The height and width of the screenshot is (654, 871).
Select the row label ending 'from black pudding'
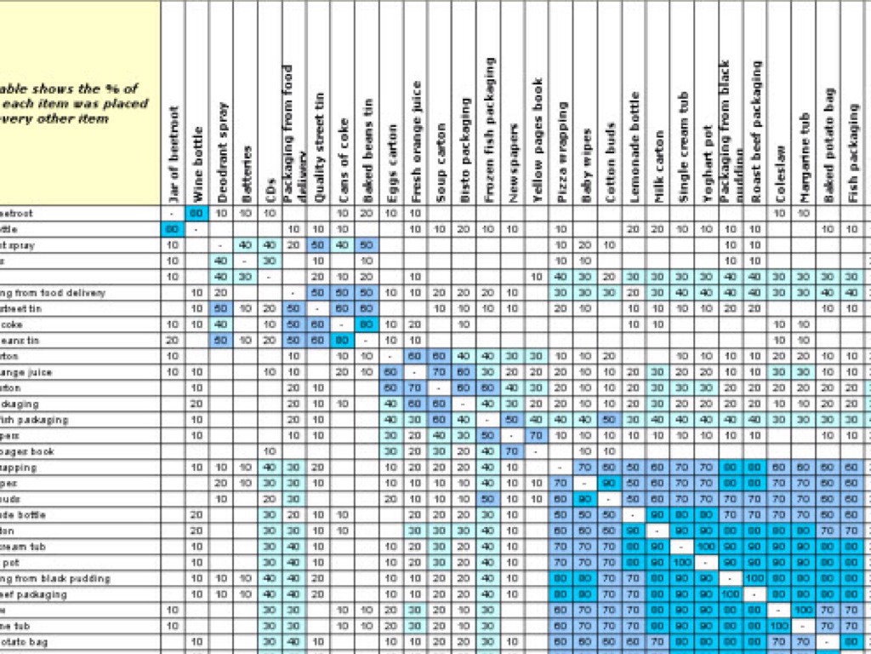click(54, 578)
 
